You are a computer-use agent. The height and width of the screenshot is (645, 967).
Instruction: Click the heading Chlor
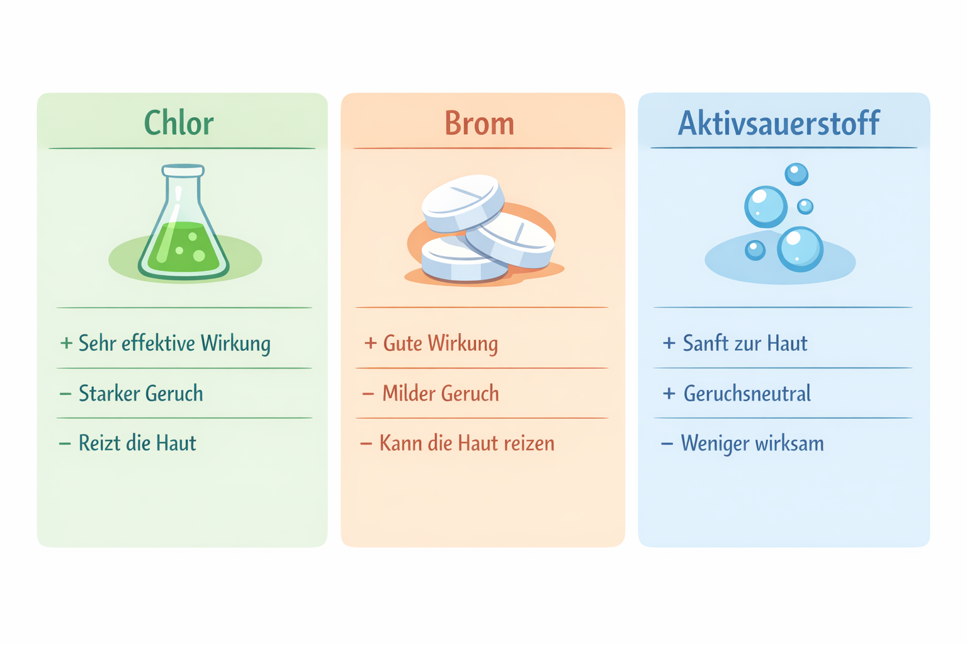coord(179,123)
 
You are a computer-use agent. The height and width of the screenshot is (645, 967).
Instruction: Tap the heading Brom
coord(480,123)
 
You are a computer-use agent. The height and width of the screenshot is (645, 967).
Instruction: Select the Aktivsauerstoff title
coord(779,123)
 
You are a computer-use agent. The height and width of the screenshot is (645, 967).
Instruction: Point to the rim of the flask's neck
coord(183,170)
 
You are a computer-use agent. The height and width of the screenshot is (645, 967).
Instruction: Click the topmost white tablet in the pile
coord(463,202)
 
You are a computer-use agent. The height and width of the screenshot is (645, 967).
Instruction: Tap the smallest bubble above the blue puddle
coord(805,206)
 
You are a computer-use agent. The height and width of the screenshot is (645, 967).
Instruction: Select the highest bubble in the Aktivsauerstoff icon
coord(796,174)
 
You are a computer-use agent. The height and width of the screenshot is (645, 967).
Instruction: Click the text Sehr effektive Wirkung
coord(174,343)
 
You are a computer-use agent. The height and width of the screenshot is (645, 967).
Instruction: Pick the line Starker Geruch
coord(140,394)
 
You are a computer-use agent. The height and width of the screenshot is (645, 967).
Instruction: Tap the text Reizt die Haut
coord(137,443)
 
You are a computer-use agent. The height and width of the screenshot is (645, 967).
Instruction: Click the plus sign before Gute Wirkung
coord(370,343)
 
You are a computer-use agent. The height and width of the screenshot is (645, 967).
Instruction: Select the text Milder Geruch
coord(441,394)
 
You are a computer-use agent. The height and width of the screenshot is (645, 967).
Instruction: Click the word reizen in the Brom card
coord(529,443)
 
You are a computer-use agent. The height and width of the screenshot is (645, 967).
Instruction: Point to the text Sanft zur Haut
coord(745,343)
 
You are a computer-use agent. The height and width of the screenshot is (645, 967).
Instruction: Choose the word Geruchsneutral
coord(747,394)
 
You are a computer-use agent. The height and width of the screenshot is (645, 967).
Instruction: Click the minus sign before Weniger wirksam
coord(667,443)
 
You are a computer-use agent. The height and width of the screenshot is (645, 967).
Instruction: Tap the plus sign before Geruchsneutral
coord(669,394)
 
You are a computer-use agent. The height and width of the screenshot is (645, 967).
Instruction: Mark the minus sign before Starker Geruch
coord(65,394)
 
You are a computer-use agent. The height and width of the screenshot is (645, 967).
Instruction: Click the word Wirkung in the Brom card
coord(463,343)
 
